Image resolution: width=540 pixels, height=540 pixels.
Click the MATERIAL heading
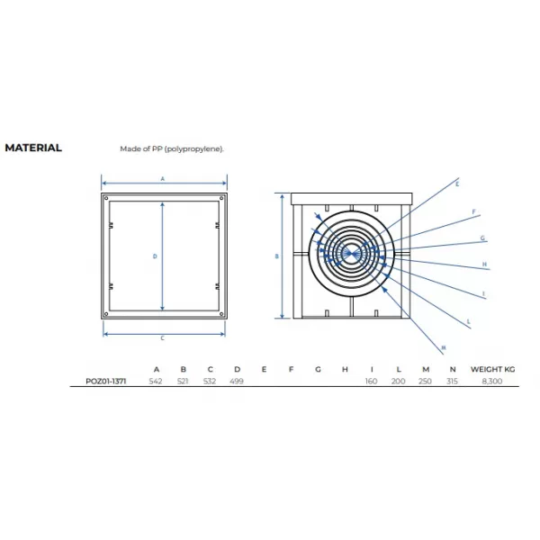pyautogui.click(x=33, y=148)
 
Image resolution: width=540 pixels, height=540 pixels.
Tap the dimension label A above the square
pyautogui.click(x=163, y=179)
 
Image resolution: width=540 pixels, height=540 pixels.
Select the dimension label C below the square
pyautogui.click(x=163, y=338)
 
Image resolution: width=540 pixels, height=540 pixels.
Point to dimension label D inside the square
pyautogui.click(x=155, y=256)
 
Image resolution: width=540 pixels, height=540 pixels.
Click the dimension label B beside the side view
pyautogui.click(x=276, y=256)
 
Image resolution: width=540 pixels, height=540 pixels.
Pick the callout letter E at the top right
pyautogui.click(x=457, y=184)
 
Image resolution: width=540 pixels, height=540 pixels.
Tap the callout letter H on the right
pyautogui.click(x=484, y=265)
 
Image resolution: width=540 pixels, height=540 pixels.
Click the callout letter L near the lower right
pyautogui.click(x=468, y=321)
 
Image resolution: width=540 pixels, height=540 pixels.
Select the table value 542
pyautogui.click(x=156, y=382)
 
